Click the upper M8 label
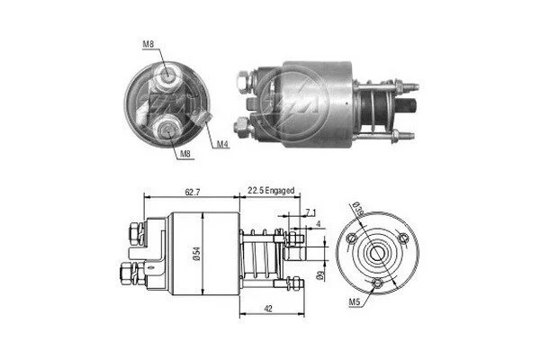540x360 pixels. (x=148, y=44)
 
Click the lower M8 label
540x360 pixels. (x=185, y=154)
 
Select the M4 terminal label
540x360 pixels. (x=223, y=144)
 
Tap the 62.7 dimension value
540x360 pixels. (x=193, y=192)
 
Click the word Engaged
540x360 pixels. (x=280, y=191)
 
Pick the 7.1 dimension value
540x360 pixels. (x=310, y=213)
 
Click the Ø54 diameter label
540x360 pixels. (x=196, y=253)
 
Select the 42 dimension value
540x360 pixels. (x=267, y=309)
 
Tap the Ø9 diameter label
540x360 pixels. (x=320, y=274)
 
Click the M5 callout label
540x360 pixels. (x=355, y=302)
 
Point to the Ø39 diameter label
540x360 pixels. (x=359, y=209)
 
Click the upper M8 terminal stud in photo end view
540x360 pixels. (x=167, y=74)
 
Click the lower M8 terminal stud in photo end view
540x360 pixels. (x=167, y=130)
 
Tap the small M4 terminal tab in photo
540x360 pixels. (x=203, y=118)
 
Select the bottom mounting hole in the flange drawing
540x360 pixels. (x=378, y=283)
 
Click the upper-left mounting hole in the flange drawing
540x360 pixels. (x=352, y=238)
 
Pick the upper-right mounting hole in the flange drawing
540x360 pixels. (x=403, y=238)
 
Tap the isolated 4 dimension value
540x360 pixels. (x=319, y=224)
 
